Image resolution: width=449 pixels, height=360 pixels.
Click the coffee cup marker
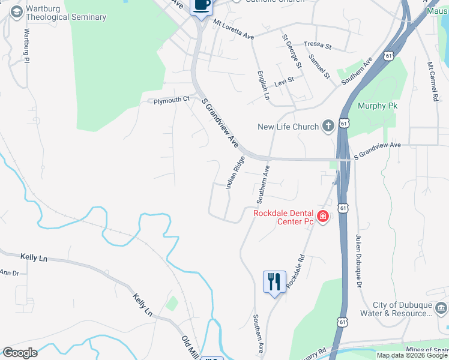point(201,6)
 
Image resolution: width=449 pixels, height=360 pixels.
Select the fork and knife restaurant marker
point(274,281)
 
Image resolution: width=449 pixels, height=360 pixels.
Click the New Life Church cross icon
point(328,126)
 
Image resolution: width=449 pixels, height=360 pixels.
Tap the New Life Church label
point(288,127)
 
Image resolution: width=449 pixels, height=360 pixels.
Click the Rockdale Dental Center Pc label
point(283,217)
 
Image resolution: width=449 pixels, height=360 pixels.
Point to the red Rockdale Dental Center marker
point(323,216)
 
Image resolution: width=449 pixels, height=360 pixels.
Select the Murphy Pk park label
point(378,106)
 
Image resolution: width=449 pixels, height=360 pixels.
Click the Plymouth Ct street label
point(171,100)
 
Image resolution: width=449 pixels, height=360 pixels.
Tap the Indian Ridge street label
point(235,173)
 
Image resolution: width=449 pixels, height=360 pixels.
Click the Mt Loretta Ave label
point(234,29)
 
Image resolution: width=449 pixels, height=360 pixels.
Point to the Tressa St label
point(318,45)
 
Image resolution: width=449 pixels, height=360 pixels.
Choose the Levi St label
point(284,79)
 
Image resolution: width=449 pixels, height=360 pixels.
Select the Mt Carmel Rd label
point(432,80)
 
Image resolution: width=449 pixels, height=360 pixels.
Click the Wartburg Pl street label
point(26,45)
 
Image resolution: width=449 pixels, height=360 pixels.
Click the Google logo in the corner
point(20,353)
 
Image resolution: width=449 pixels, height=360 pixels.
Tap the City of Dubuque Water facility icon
point(441,308)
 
